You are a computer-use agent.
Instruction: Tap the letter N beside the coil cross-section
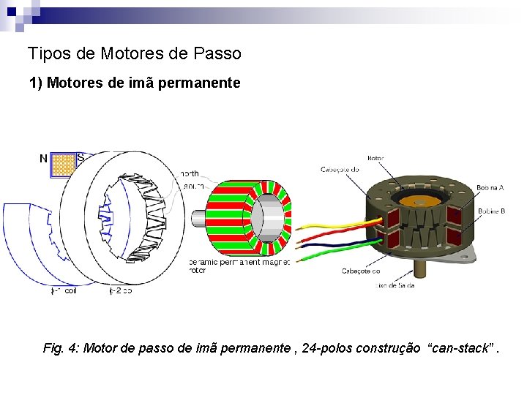(x=43, y=158)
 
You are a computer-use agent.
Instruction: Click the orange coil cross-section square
(x=63, y=165)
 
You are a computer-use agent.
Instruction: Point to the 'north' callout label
(x=189, y=174)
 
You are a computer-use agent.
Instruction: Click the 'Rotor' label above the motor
(x=375, y=158)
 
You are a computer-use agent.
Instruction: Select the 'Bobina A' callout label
(x=490, y=188)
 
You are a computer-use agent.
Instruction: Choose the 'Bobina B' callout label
(x=491, y=211)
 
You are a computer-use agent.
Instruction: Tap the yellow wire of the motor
(x=329, y=224)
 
